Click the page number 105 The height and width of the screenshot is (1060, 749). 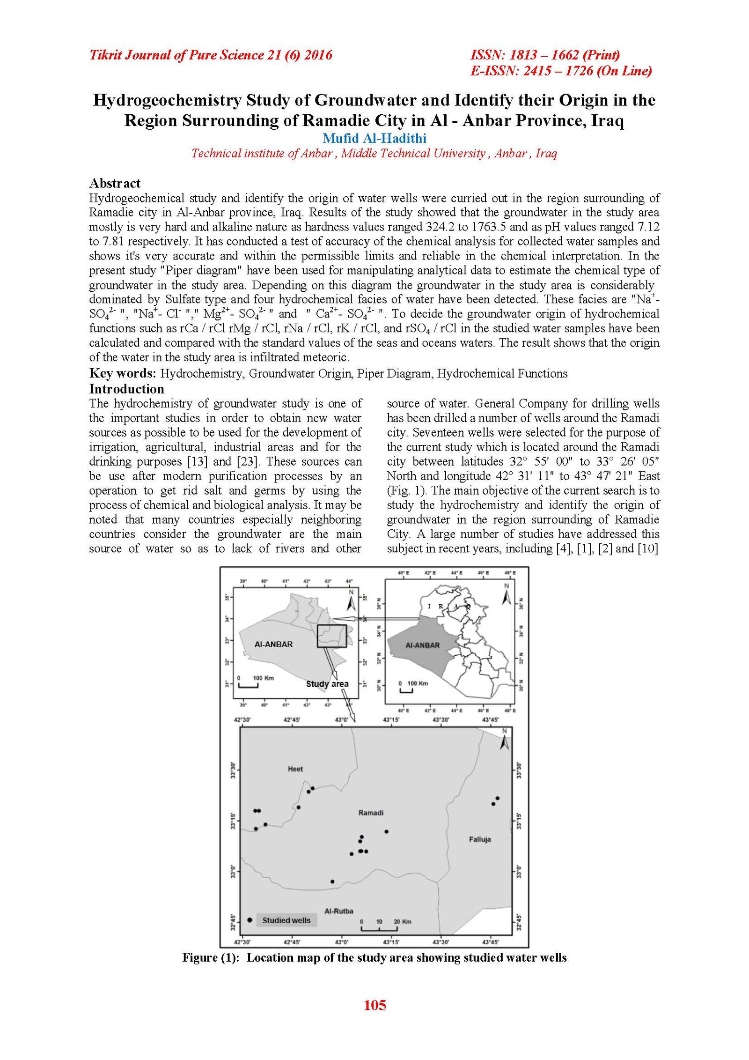click(x=374, y=1005)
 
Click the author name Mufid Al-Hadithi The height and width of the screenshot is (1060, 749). click(x=374, y=138)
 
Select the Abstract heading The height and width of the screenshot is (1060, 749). click(x=115, y=183)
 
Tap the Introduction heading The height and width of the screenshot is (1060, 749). click(x=126, y=389)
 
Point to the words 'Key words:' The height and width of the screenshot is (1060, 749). click(x=123, y=373)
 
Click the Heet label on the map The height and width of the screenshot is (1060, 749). click(x=295, y=769)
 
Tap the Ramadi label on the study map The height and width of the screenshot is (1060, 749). click(x=370, y=813)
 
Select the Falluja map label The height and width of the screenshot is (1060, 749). click(x=479, y=839)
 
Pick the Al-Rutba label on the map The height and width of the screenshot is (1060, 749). click(x=338, y=911)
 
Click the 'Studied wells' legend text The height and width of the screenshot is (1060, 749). click(x=286, y=920)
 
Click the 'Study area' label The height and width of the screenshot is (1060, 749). click(x=327, y=684)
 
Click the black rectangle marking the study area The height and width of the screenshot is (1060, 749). click(x=331, y=636)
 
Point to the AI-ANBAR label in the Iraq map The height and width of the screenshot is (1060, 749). click(x=422, y=645)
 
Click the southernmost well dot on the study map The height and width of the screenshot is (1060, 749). click(x=332, y=882)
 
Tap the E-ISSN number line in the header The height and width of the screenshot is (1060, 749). click(x=561, y=71)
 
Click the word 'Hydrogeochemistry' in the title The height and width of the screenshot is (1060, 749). click(x=167, y=100)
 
